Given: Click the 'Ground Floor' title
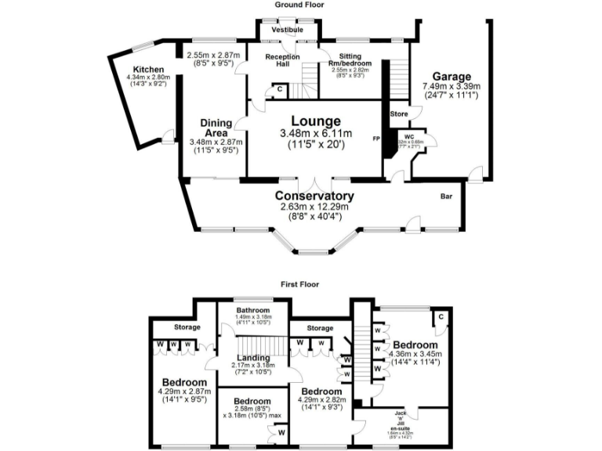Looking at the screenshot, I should (x=299, y=5).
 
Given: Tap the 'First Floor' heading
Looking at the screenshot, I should (x=299, y=286).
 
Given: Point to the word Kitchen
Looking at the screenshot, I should (x=148, y=69).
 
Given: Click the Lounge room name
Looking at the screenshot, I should (x=316, y=121).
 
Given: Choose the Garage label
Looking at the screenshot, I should (x=451, y=76).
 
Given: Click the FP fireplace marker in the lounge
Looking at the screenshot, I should (x=376, y=139).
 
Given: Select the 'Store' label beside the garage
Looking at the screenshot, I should (x=400, y=114).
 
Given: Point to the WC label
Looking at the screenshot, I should (x=409, y=135).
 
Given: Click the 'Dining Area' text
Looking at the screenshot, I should (x=216, y=127).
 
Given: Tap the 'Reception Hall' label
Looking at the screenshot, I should (x=280, y=61).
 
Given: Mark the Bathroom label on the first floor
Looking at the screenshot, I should (x=255, y=310).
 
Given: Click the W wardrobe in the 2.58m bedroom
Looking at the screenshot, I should (x=281, y=431).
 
